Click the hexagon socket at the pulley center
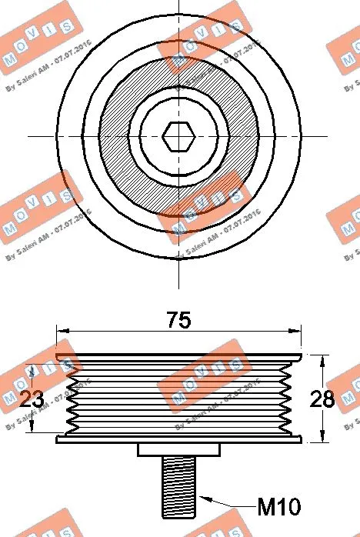click(x=178, y=136)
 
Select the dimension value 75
click(x=178, y=319)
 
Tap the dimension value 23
click(x=30, y=399)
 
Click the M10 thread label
click(x=278, y=507)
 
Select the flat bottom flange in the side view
click(x=178, y=440)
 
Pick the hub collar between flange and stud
click(x=178, y=450)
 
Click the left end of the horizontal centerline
click(x=28, y=136)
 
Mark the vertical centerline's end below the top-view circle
click(x=178, y=280)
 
